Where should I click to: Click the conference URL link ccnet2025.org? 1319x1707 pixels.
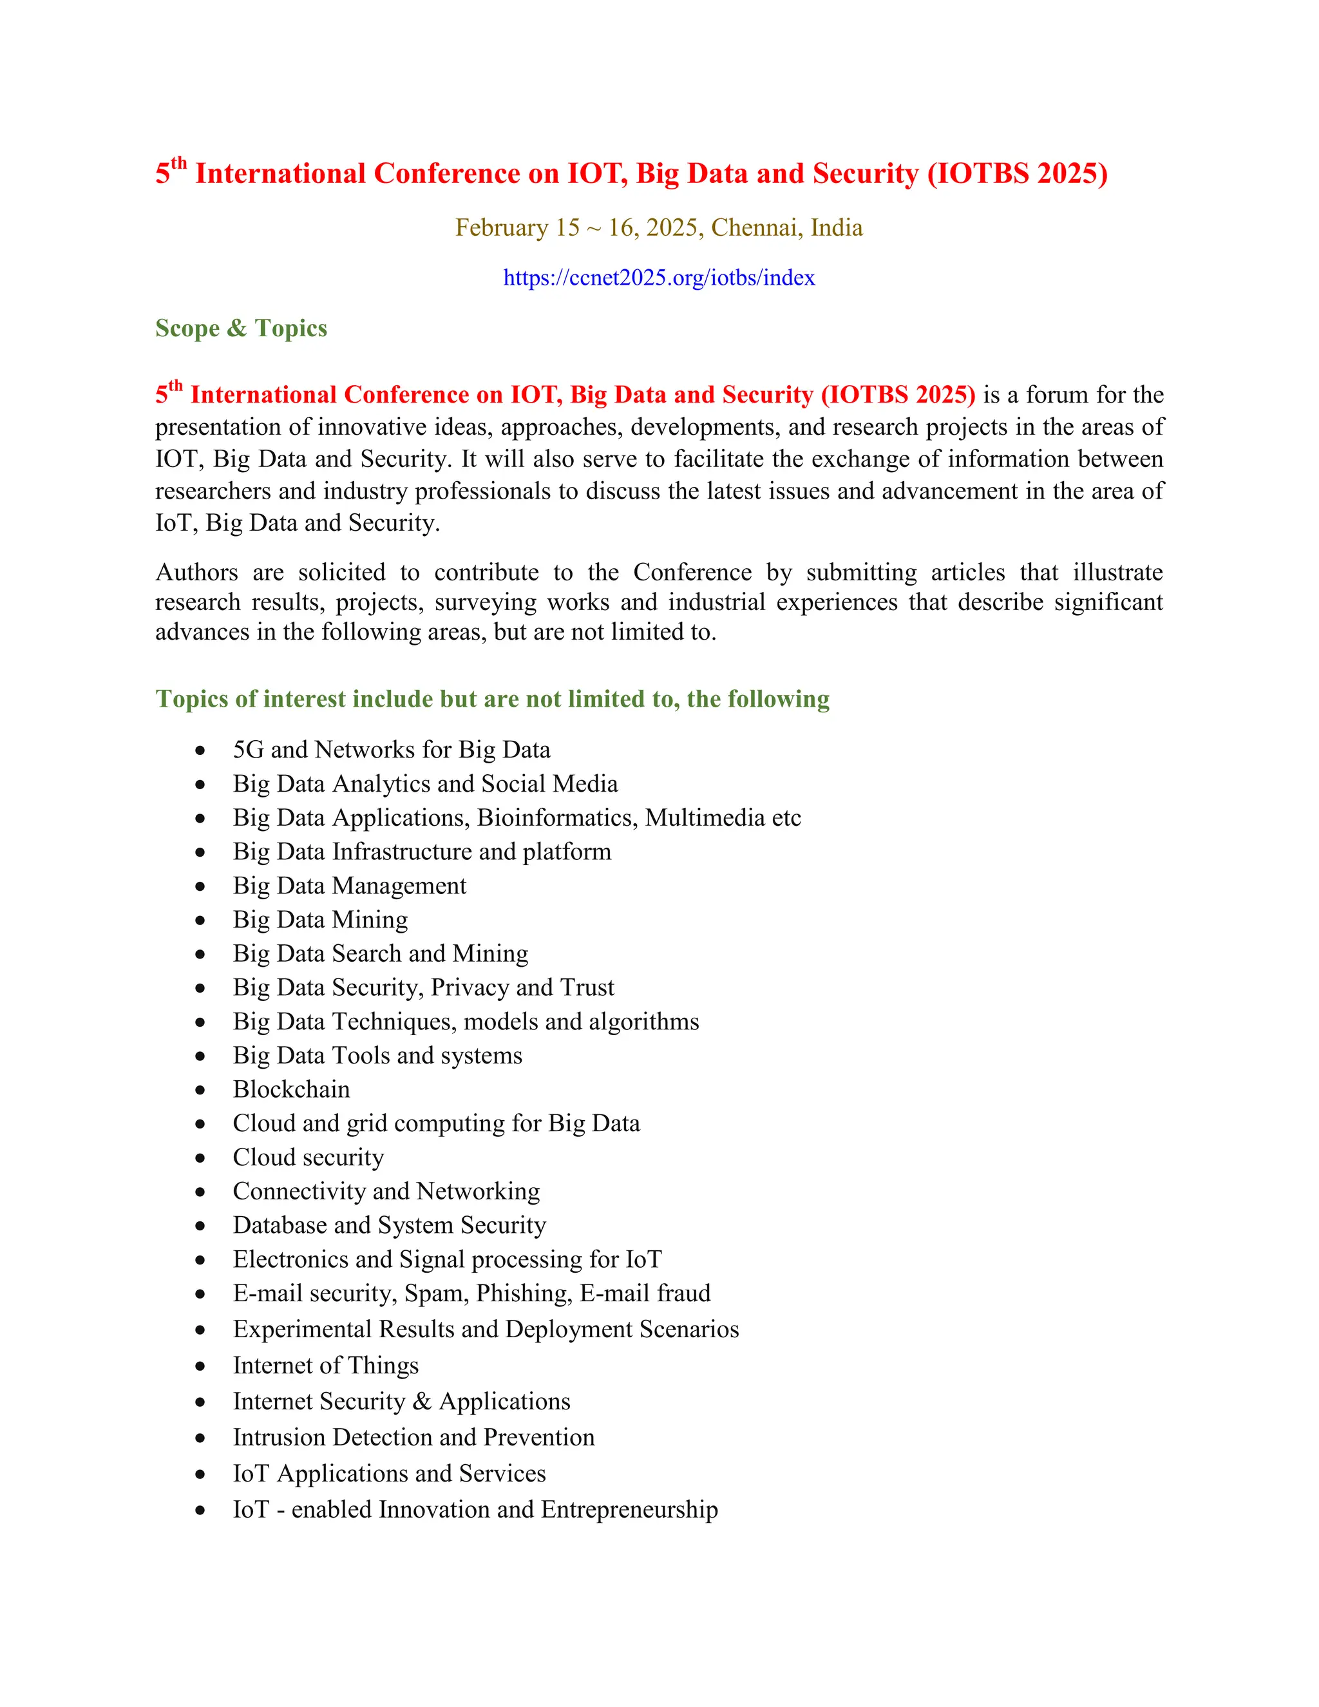[659, 278]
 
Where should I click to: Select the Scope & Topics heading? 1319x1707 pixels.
[241, 329]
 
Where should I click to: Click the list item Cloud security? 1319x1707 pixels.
[308, 1157]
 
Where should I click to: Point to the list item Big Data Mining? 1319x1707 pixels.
[319, 919]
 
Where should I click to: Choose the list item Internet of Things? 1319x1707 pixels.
[325, 1365]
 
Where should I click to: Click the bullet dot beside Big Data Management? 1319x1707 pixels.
[201, 886]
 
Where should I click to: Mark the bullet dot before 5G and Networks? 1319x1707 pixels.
[201, 750]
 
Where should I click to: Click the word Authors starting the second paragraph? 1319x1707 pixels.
[196, 572]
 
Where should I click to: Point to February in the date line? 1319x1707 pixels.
[502, 227]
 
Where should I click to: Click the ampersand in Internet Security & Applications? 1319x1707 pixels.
[422, 1402]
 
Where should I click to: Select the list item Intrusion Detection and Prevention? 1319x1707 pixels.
[413, 1437]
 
